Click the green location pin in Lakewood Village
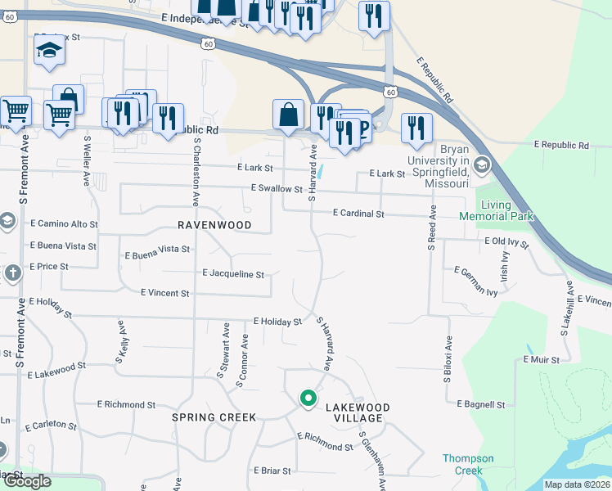[308, 399]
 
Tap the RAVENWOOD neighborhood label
[214, 224]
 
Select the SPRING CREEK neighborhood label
[214, 417]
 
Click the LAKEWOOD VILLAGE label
[358, 412]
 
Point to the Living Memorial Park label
[507, 210]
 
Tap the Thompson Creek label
[468, 464]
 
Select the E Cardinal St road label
[358, 214]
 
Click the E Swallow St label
[277, 189]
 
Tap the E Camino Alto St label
[64, 223]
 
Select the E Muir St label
[540, 359]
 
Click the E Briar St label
[272, 471]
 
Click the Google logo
[27, 481]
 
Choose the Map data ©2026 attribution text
[577, 484]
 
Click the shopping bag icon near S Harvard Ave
[288, 115]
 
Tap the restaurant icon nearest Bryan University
[416, 128]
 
